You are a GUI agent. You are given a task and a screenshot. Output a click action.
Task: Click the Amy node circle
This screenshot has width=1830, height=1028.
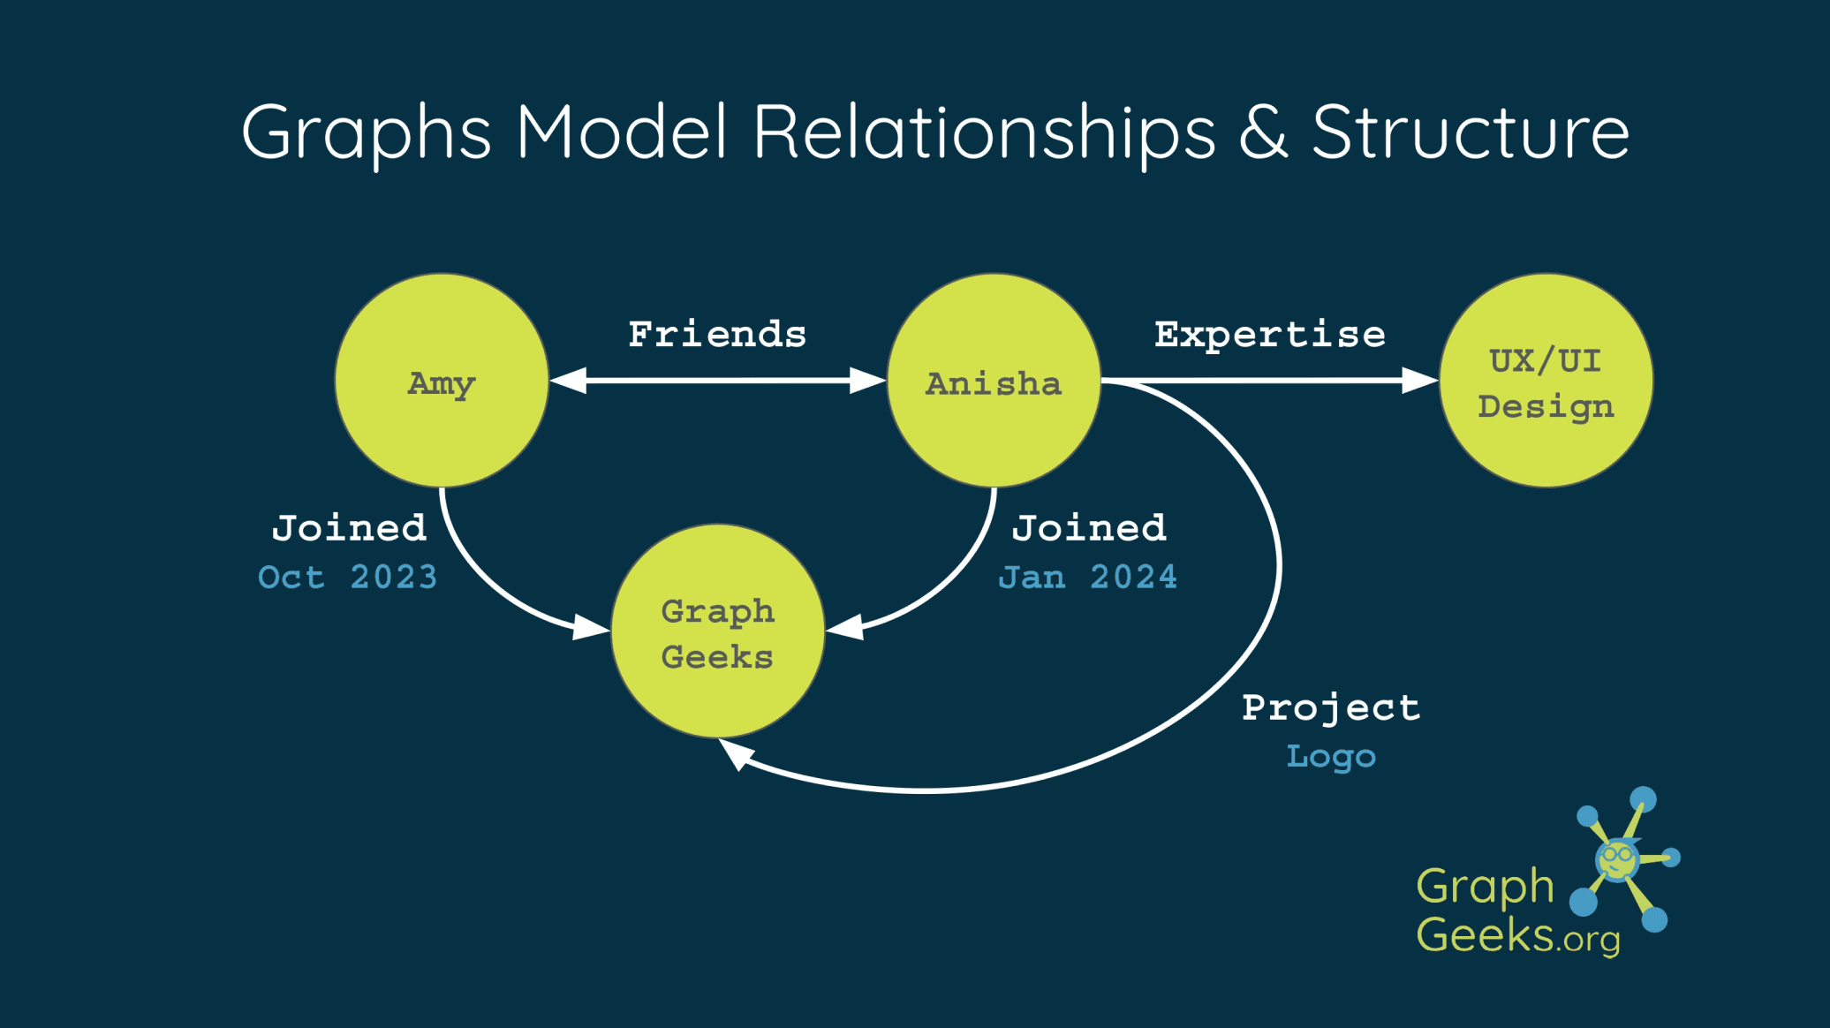pos(442,381)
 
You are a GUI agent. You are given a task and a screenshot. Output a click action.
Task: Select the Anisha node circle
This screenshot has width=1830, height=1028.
pos(994,381)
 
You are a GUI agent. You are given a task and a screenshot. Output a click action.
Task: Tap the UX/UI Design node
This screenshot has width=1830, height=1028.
pos(1546,381)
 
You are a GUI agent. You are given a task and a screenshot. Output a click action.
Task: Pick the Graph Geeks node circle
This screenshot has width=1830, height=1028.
pos(718,631)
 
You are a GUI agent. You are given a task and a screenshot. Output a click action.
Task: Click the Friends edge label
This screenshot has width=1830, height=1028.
pos(717,335)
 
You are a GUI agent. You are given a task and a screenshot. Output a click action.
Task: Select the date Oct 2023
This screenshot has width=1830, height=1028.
pos(348,578)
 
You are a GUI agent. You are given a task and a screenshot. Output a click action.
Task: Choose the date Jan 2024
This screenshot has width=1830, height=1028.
pos(1088,578)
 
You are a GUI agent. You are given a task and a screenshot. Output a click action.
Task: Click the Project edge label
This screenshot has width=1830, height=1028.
pos(1331,708)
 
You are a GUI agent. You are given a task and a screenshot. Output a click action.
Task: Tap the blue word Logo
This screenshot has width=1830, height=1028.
pos(1331,757)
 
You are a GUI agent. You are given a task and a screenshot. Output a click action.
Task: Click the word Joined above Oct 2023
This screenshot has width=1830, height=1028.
pos(350,528)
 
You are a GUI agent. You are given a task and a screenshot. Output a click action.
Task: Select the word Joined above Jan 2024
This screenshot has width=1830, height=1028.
pos(1089,528)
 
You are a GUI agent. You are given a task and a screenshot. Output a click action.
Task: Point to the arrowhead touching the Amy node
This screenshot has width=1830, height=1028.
pos(568,381)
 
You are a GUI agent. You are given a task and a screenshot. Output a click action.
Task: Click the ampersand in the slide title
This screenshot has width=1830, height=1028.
pos(1263,132)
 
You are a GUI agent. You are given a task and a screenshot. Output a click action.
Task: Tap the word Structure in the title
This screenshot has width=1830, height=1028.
pos(1471,132)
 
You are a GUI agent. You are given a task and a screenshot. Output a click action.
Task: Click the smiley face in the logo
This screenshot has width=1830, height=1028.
pos(1617,858)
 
